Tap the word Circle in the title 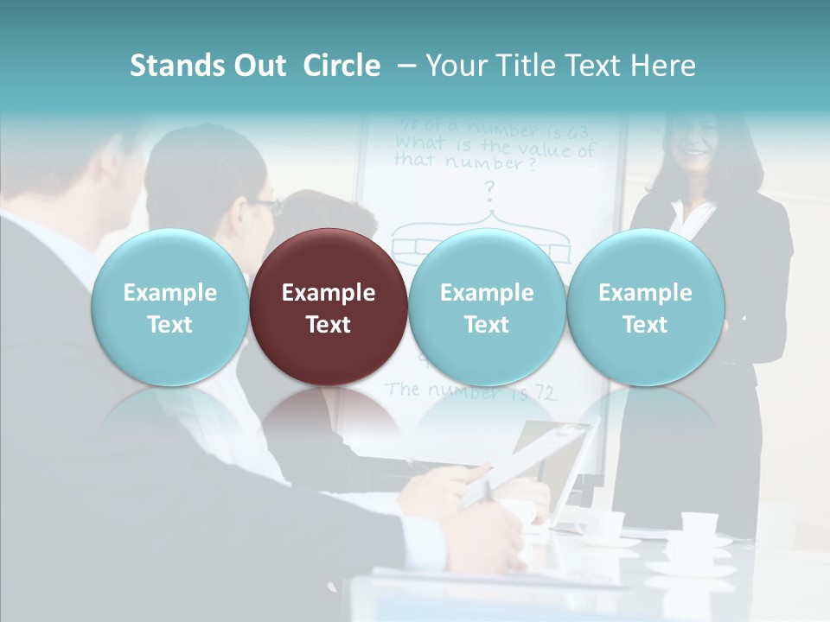click(342, 66)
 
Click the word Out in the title click(259, 66)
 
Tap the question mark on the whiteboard click(488, 188)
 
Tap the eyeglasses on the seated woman click(265, 206)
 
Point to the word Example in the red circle click(329, 293)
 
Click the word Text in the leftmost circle click(169, 325)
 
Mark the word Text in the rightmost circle click(645, 325)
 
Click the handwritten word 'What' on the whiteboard click(418, 142)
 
